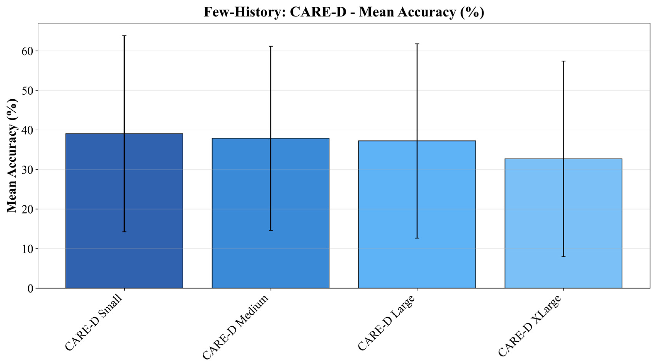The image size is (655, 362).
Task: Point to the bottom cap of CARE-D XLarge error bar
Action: [563, 257]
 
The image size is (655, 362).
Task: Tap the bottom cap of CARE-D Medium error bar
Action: [271, 230]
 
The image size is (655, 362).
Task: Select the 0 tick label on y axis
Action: [31, 289]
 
